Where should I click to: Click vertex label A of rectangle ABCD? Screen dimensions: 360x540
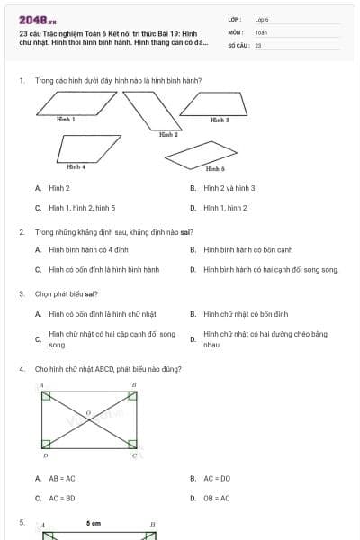41,384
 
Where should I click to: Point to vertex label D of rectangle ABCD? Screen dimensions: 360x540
45,455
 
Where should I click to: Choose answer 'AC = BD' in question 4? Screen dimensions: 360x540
62,498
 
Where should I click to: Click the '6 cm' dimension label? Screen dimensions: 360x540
94,523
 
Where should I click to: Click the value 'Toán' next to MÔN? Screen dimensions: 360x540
261,31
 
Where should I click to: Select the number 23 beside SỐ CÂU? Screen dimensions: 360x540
258,44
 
